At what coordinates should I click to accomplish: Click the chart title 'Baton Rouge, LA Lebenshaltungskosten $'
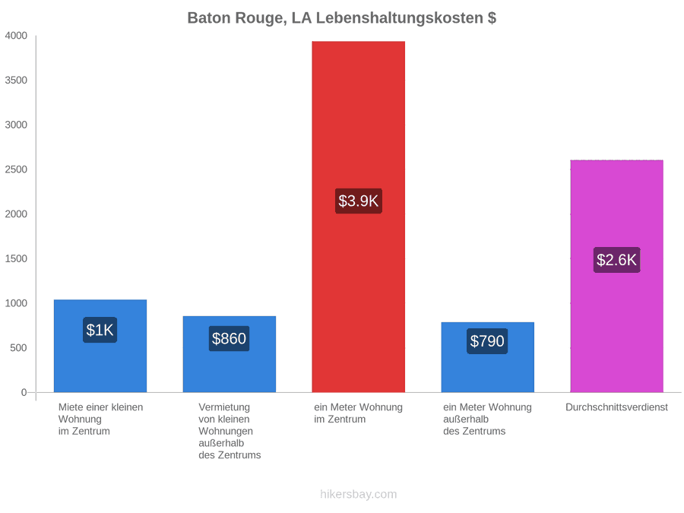click(341, 18)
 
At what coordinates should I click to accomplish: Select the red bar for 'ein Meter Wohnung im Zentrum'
click(358, 217)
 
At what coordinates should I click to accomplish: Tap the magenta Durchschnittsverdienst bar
click(617, 276)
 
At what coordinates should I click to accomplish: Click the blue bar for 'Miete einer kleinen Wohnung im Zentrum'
click(100, 346)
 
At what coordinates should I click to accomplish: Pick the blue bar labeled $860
click(230, 354)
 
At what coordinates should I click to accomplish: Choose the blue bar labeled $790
click(488, 357)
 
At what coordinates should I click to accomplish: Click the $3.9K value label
click(359, 201)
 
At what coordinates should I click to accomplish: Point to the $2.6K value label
click(617, 260)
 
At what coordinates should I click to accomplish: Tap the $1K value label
click(100, 330)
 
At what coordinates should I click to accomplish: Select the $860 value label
click(229, 338)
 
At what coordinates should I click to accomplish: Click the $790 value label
click(487, 341)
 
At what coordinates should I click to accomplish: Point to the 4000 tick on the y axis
click(16, 35)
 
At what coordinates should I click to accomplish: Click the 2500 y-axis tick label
click(16, 169)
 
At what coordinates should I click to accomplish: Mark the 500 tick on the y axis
click(19, 347)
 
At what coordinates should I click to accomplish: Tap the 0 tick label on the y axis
click(24, 392)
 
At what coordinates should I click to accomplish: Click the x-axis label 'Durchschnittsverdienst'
click(617, 407)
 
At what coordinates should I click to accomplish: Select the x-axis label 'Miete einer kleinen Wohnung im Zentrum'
click(101, 419)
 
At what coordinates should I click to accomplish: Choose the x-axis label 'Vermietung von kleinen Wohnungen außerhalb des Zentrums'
click(230, 431)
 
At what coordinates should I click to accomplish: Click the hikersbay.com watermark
click(359, 494)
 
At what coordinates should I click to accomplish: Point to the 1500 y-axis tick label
click(16, 258)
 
